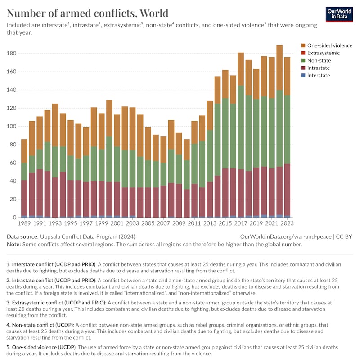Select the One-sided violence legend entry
(329, 45)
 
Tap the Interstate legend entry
(319, 75)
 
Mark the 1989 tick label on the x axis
(24, 223)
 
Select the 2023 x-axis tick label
(287, 223)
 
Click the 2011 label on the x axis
(194, 223)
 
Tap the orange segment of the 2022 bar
(279, 68)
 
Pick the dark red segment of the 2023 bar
(287, 189)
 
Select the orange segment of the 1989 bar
(24, 151)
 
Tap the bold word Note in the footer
(15, 244)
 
